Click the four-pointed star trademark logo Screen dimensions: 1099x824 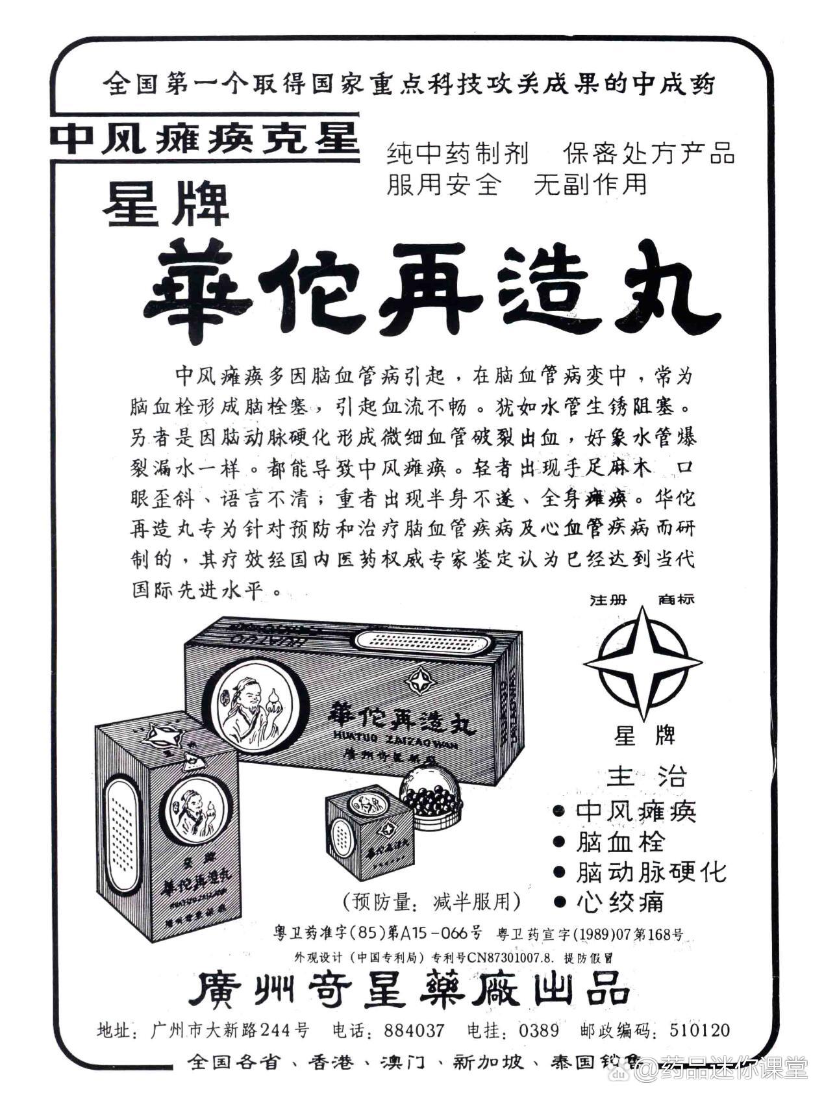(x=642, y=663)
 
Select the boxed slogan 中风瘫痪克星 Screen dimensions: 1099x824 (x=205, y=138)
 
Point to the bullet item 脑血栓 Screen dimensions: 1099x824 (x=620, y=842)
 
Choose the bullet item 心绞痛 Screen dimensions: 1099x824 (x=620, y=902)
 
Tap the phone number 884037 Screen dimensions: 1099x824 (x=414, y=1030)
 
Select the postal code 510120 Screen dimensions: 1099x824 (x=699, y=1030)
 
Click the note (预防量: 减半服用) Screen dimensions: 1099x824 (x=431, y=902)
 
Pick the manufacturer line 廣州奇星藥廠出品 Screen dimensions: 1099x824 (x=408, y=992)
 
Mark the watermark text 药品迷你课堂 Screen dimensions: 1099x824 (x=734, y=1066)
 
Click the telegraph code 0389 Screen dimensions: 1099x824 (x=539, y=1030)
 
